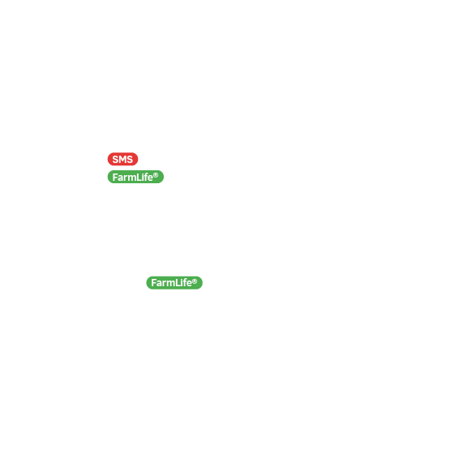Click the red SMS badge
coord(122,159)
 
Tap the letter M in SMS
coord(122,159)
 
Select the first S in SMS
coord(115,159)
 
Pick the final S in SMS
coord(130,159)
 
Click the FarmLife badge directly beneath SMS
coord(135,177)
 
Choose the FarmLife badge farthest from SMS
coord(174,283)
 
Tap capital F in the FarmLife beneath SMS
coord(115,178)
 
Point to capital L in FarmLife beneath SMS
coord(139,178)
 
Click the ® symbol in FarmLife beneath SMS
coord(156,175)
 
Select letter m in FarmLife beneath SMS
coord(131,178)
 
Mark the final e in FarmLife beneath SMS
coord(150,178)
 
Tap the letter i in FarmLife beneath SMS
coord(143,178)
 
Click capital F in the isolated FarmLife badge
coord(153,283)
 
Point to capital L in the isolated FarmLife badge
coord(178,283)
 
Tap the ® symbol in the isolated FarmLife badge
coord(195,281)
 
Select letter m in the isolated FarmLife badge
coord(170,284)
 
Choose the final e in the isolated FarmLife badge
coord(189,284)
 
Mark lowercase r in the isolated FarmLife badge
coord(164,284)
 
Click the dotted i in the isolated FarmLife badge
coord(181,283)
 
